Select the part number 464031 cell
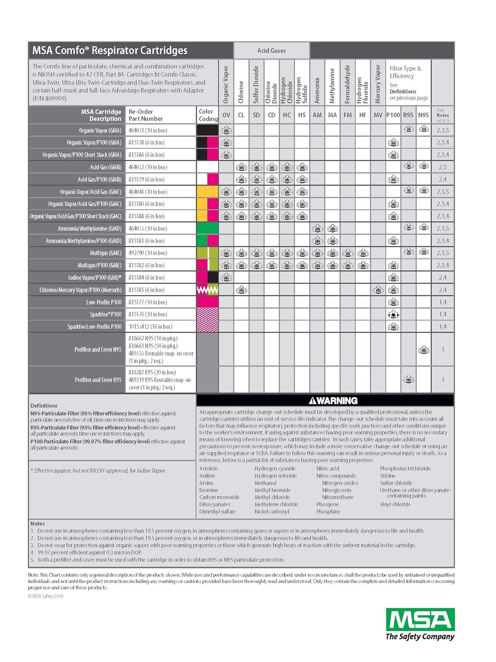coord(148,131)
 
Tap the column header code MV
coord(378,115)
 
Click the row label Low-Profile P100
coord(104,302)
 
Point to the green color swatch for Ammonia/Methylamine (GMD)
coord(207,229)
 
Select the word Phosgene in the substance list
coord(328,504)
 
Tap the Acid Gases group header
coord(272,51)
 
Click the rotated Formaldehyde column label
coord(347,84)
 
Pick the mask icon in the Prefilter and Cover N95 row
coord(424,350)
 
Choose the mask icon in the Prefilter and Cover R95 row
coord(408,380)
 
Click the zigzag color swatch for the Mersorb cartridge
coord(207,290)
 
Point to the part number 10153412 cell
coord(150,327)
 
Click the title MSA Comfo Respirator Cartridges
coord(110,50)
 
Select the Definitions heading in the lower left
coord(44,406)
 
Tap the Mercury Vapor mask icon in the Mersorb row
coord(378,290)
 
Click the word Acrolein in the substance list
coord(209,469)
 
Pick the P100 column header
coord(393,115)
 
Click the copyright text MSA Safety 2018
coord(46,596)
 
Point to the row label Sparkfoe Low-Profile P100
coord(94,327)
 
